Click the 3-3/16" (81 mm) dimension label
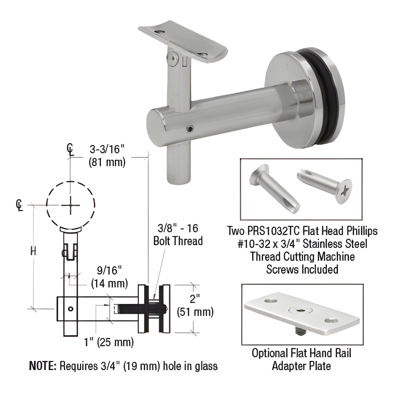click(x=107, y=156)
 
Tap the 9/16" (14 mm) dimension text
click(x=109, y=277)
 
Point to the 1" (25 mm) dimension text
click(x=109, y=342)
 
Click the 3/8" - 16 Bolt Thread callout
click(x=178, y=235)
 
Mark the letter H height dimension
click(x=33, y=251)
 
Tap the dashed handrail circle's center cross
click(x=71, y=205)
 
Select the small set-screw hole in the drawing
click(x=71, y=309)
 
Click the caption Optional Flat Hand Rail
click(x=302, y=353)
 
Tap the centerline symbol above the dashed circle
click(x=71, y=150)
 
